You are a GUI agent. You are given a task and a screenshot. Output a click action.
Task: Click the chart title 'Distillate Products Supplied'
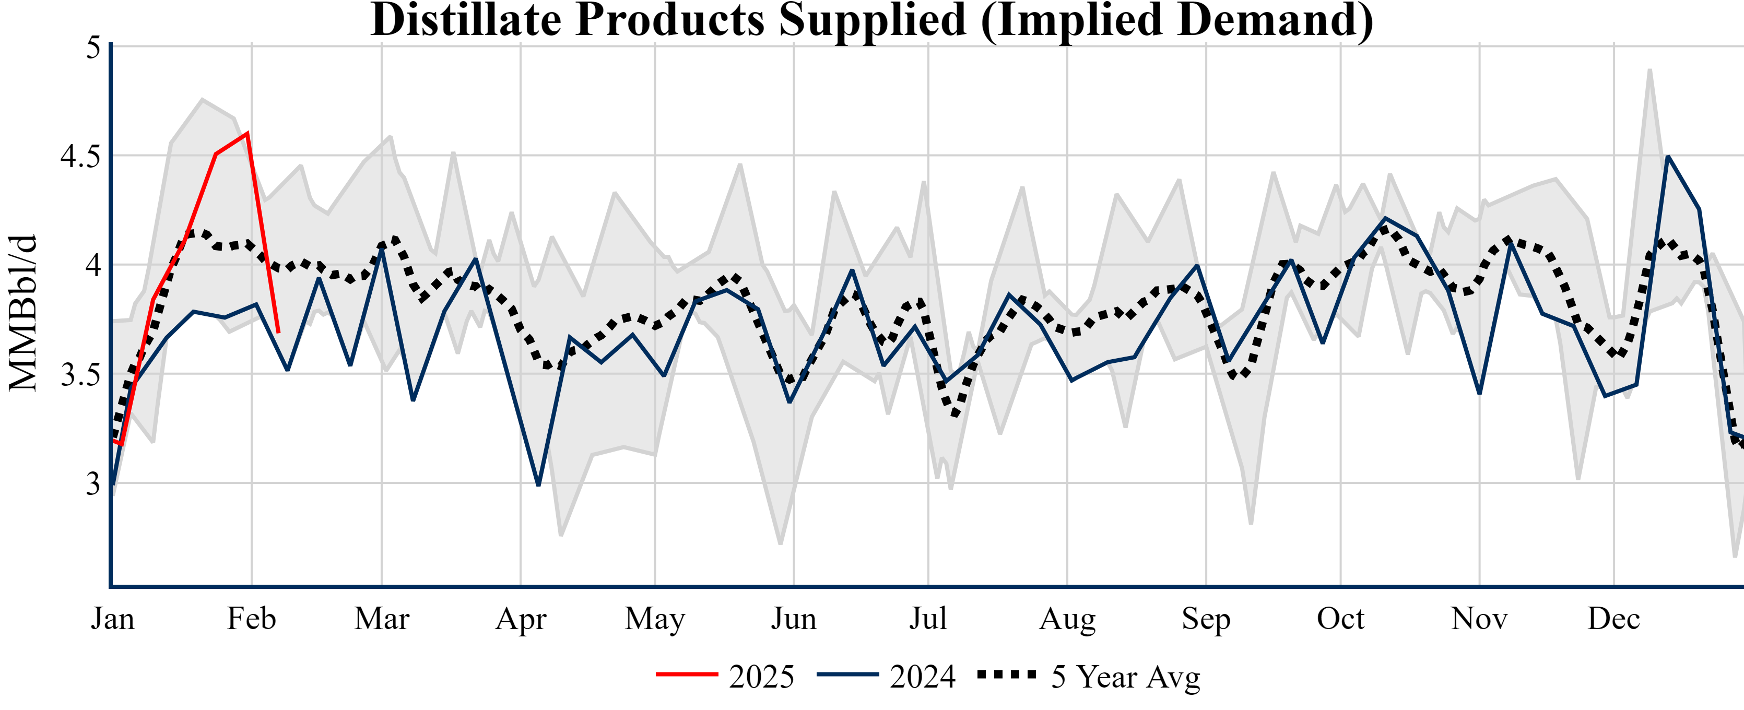click(872, 20)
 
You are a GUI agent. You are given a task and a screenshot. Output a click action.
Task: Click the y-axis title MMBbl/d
click(23, 313)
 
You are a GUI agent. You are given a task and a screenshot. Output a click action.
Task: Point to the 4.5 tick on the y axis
click(80, 156)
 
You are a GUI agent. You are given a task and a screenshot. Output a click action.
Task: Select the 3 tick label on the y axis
click(93, 484)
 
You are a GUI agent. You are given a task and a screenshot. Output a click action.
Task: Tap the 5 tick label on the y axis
click(93, 48)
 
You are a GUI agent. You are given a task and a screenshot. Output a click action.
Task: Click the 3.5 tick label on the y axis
click(80, 375)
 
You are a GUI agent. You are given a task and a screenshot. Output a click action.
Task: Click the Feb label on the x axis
click(251, 619)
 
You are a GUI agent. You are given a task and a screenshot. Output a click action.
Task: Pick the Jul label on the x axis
click(927, 619)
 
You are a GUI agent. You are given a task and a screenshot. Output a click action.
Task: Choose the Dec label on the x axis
click(1613, 619)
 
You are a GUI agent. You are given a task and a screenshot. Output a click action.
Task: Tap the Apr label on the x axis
click(520, 619)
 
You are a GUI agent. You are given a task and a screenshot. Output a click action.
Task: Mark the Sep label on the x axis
click(1206, 619)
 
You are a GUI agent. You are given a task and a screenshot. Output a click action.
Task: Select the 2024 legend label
click(922, 677)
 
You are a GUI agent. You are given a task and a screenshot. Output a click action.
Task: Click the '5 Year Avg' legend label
click(1125, 677)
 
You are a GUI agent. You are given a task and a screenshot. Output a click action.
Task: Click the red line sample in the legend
click(687, 674)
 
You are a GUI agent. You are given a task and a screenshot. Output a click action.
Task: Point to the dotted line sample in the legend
click(1007, 674)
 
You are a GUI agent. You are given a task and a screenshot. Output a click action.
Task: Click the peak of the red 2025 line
click(248, 133)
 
